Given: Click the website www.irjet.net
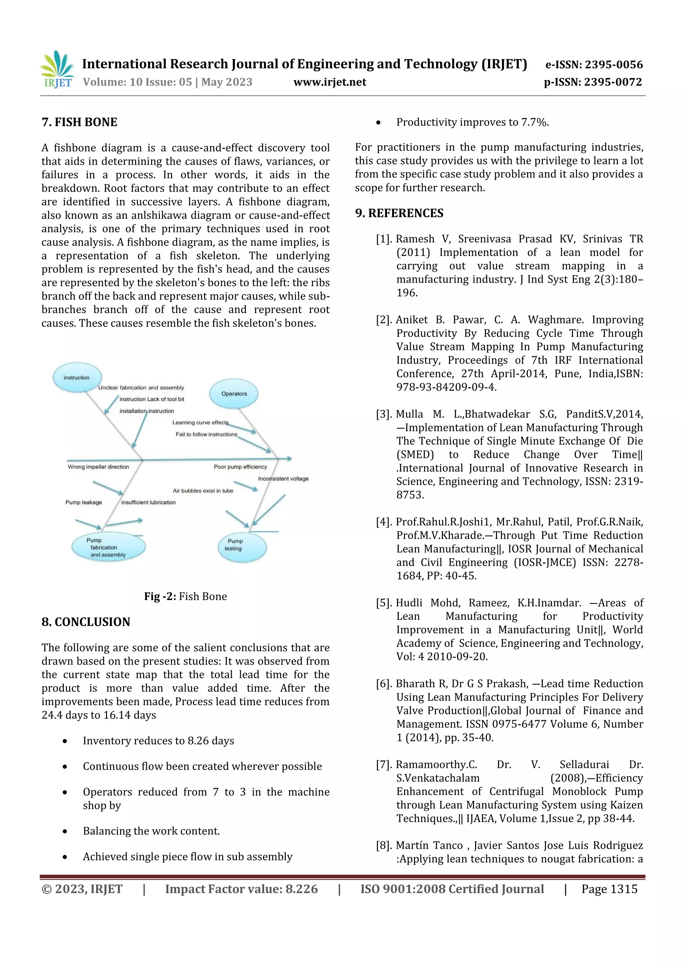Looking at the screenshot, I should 330,82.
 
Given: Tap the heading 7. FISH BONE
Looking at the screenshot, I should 79,122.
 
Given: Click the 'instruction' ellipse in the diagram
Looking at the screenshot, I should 77,377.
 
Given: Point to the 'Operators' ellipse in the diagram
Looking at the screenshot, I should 234,394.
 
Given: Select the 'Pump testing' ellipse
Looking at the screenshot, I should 242,547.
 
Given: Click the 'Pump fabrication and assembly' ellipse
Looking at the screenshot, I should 108,547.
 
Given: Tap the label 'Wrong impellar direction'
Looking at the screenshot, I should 98,467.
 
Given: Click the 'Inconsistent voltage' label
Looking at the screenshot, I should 283,478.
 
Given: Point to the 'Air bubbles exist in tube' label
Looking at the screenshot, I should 203,491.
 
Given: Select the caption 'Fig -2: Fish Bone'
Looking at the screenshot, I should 185,596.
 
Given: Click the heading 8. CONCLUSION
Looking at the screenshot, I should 86,622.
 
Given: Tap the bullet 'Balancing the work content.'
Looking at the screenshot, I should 151,831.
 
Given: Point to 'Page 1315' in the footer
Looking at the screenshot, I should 609,889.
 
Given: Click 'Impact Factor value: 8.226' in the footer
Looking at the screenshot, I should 241,889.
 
